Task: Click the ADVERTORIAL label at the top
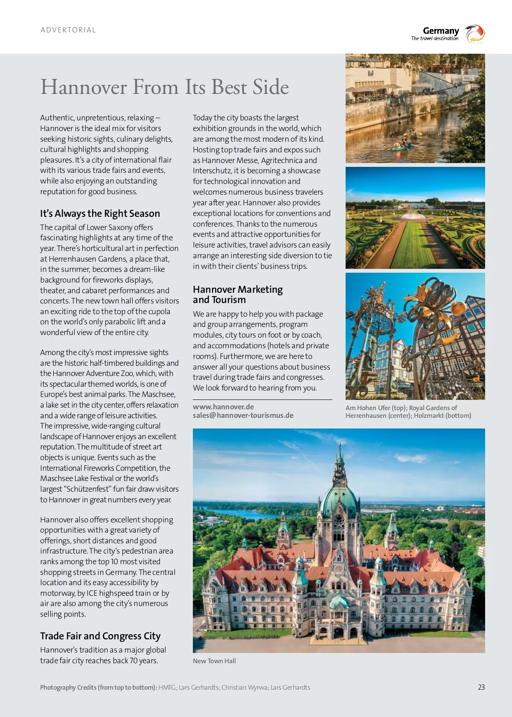point(68,30)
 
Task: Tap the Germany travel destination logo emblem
point(475,34)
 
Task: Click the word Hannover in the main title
point(84,87)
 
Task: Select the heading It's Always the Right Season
point(100,213)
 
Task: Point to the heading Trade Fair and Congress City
point(100,636)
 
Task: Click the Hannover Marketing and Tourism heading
point(238,294)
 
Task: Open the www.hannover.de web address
point(223,407)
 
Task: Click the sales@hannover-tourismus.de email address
point(243,415)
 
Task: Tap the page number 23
point(481,687)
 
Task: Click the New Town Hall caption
point(214,661)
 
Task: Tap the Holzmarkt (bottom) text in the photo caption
point(442,415)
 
